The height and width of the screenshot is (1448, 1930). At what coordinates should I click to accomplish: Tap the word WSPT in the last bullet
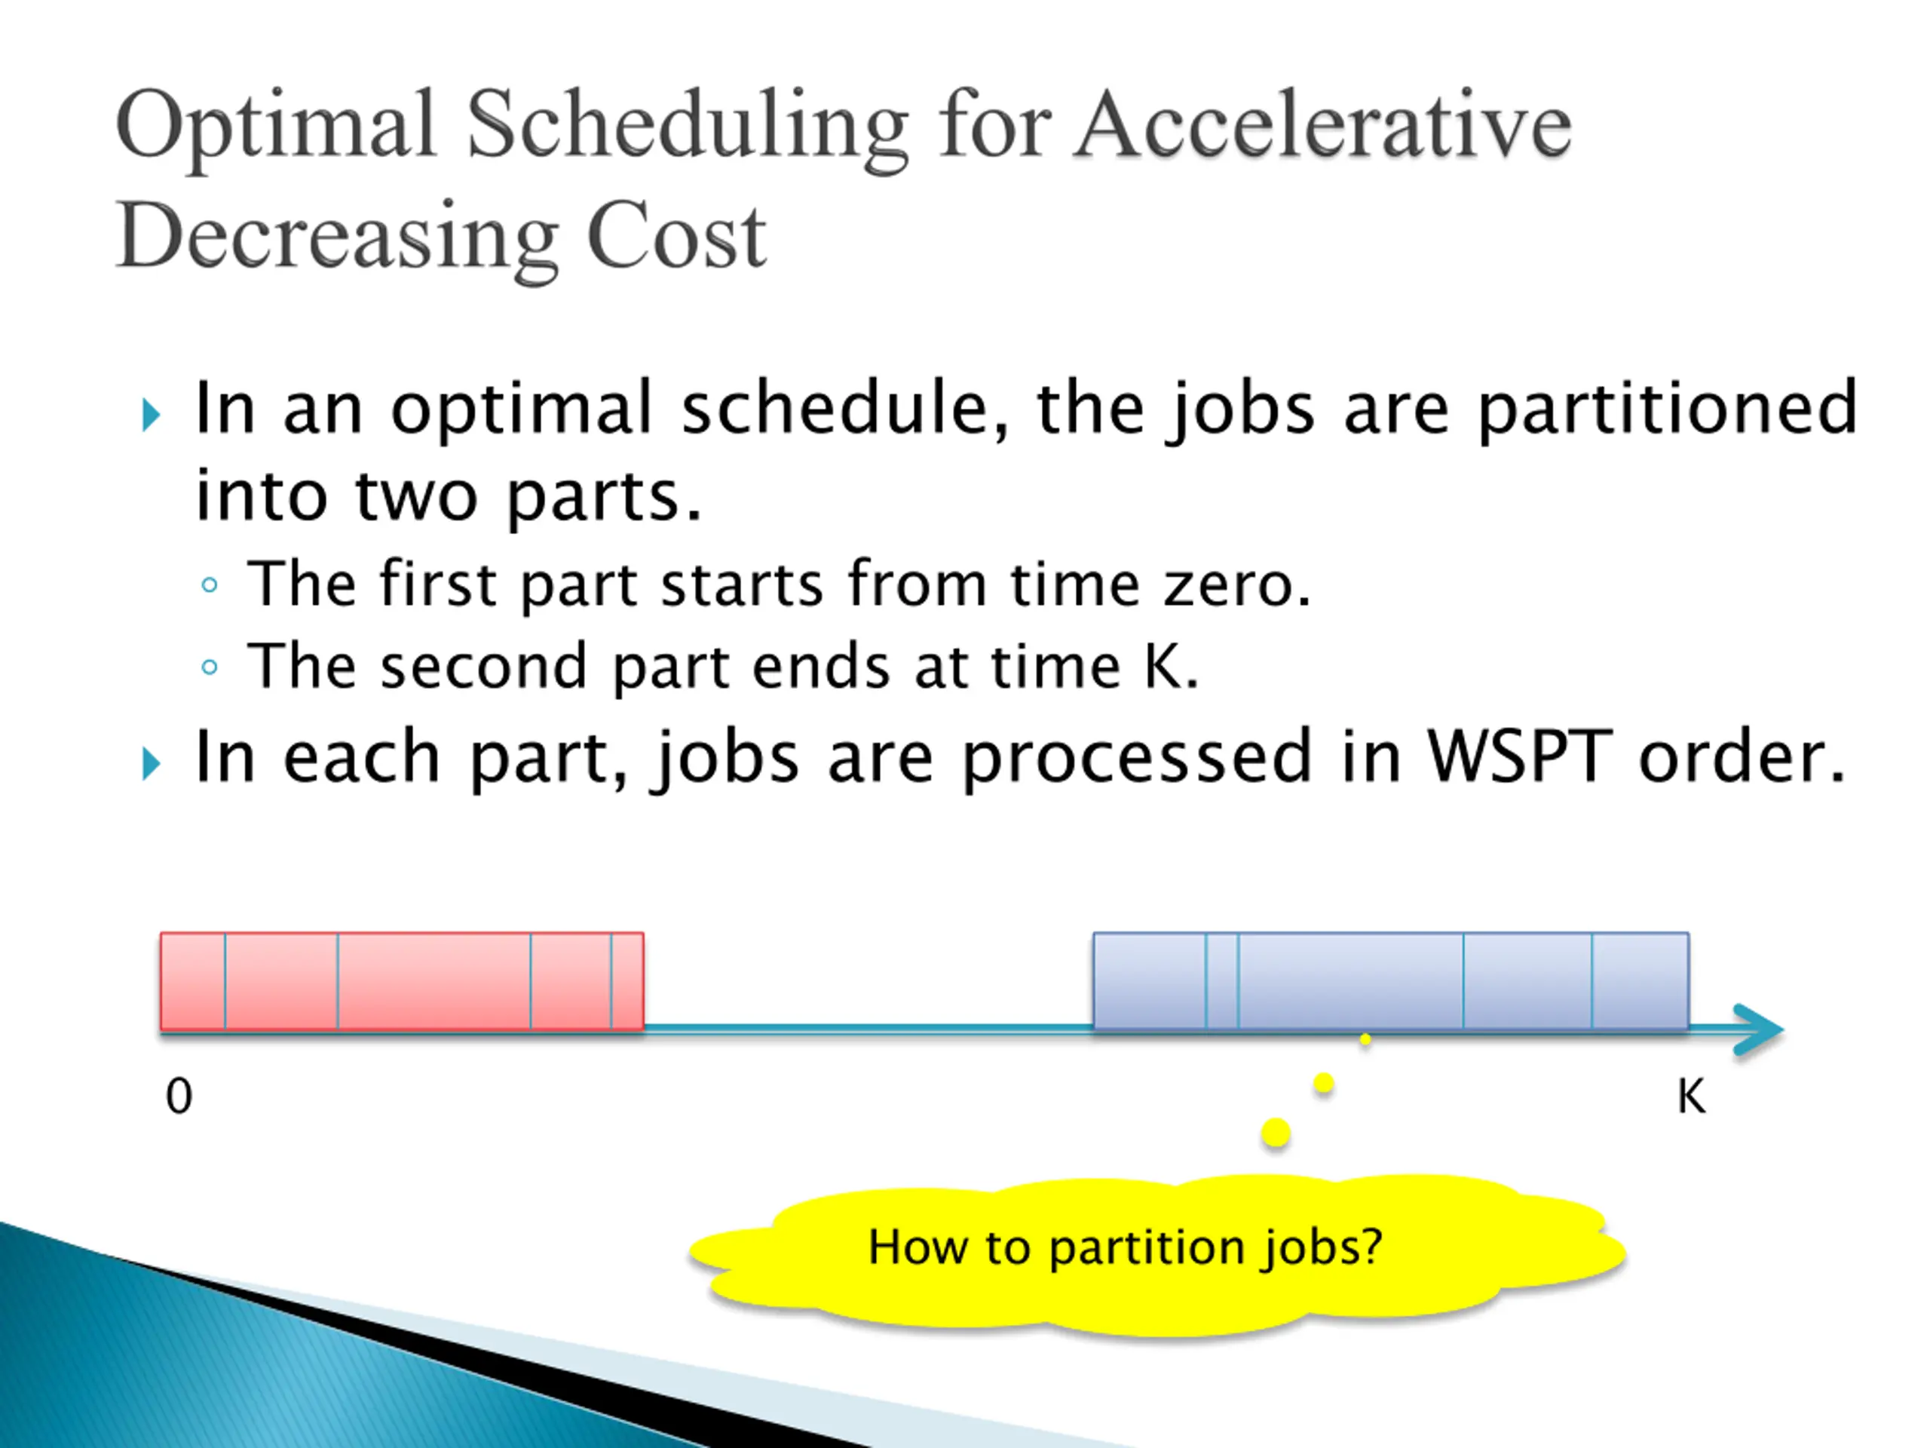(1519, 756)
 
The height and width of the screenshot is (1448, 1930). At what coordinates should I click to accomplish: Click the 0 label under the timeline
(179, 1097)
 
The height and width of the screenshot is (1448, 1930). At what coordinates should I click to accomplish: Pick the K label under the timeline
(1691, 1097)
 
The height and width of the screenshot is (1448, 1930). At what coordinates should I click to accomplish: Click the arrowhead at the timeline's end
(1758, 1030)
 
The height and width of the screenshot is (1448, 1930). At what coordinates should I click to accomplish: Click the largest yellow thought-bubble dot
(1276, 1133)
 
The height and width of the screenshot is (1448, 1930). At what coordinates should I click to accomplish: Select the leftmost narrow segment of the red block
(193, 981)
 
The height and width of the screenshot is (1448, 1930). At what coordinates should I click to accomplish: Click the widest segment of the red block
(433, 981)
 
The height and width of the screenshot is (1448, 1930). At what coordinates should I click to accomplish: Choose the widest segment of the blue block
(1351, 981)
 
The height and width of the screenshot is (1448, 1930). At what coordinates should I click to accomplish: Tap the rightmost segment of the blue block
(1640, 981)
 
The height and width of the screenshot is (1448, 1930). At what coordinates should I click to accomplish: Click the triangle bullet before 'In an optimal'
(151, 415)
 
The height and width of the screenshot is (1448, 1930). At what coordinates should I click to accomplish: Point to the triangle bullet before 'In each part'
(151, 764)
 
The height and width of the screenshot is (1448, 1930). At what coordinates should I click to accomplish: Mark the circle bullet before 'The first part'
(210, 584)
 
